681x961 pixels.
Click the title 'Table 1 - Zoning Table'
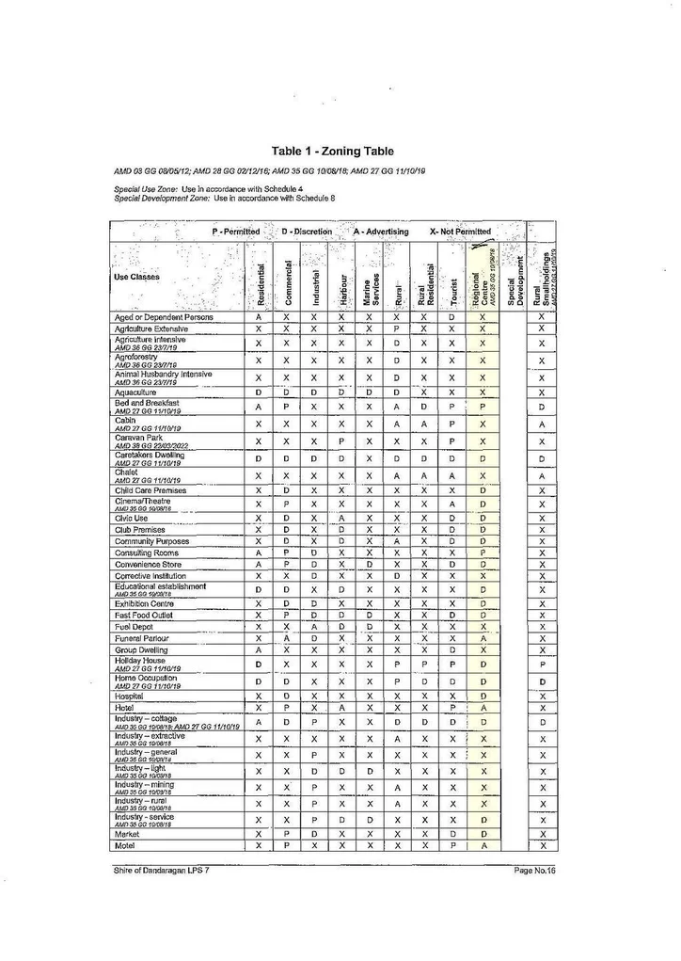[x=332, y=151]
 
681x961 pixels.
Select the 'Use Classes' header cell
[x=137, y=277]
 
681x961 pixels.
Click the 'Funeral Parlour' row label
[x=142, y=638]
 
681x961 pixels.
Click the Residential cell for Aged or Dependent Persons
[x=259, y=317]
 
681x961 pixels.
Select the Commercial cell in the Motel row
[x=286, y=845]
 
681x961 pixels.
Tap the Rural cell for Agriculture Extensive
[x=398, y=328]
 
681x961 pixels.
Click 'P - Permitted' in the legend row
[x=235, y=232]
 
